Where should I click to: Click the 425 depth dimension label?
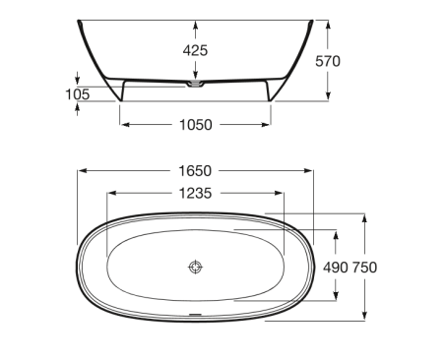click(x=195, y=50)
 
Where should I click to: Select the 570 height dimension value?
click(x=328, y=61)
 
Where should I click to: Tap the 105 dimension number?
click(x=78, y=94)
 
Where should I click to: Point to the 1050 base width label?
click(x=196, y=125)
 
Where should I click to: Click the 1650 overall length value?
click(x=195, y=171)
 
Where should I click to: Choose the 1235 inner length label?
click(x=195, y=194)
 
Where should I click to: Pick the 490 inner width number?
click(x=336, y=268)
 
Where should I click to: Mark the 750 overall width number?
click(x=364, y=268)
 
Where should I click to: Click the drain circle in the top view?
click(x=196, y=268)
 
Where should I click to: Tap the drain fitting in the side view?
click(x=196, y=84)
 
